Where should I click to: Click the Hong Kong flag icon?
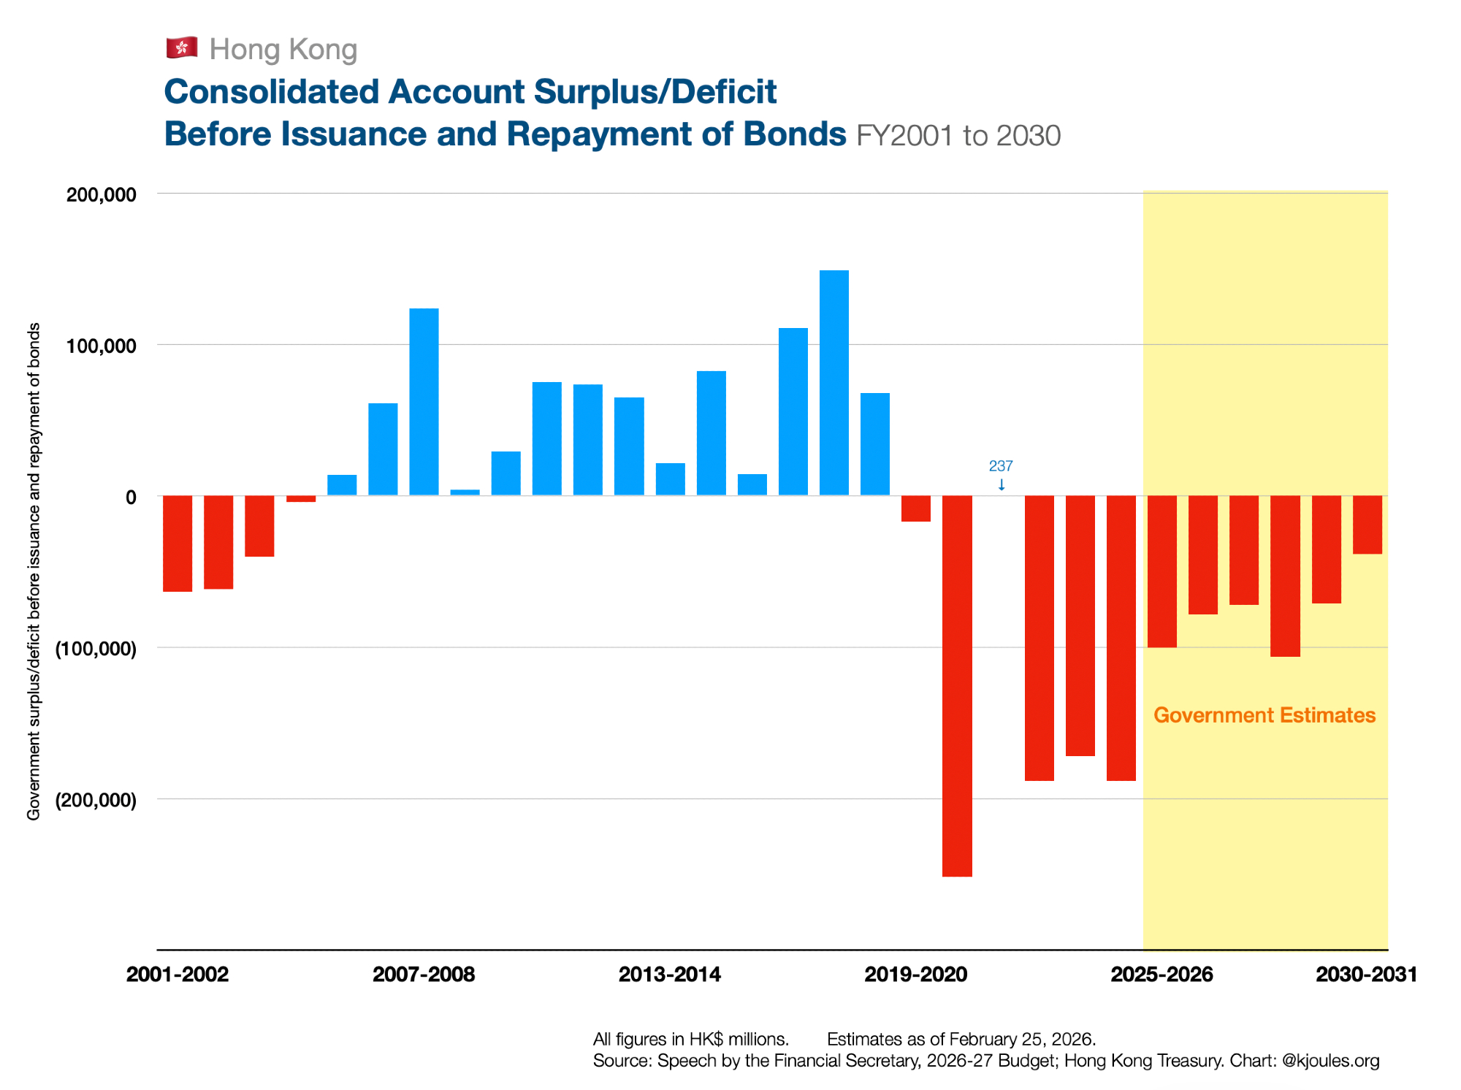coord(181,48)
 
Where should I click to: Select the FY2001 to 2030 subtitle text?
coord(958,136)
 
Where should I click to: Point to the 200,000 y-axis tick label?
coord(102,194)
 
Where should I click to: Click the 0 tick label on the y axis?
coord(131,498)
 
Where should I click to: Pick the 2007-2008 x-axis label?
coord(424,975)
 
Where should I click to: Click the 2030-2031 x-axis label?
coord(1366,975)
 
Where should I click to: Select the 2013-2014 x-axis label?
coord(670,975)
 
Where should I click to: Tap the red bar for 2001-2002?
coord(178,544)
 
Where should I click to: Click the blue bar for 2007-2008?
coord(424,402)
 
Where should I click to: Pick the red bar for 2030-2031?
coord(1367,525)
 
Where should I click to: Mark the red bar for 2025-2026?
coord(1162,571)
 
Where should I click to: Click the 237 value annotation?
coord(1001,466)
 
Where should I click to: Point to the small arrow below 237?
coord(1002,484)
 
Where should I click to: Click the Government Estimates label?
coord(1264,715)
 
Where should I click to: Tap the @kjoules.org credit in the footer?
coord(1331,1061)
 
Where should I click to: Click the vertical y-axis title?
coord(34,571)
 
